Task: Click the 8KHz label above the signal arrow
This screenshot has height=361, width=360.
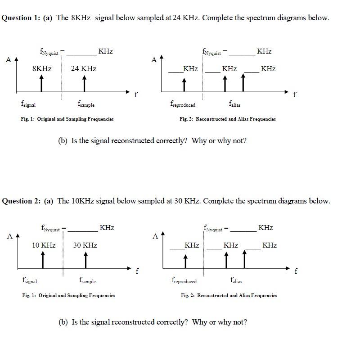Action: (x=42, y=69)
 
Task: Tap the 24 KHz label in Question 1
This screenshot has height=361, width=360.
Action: (x=83, y=69)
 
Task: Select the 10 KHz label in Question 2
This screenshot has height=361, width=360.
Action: (x=44, y=245)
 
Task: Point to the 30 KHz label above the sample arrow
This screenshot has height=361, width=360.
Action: (x=85, y=245)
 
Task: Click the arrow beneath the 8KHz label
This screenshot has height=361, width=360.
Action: (x=41, y=83)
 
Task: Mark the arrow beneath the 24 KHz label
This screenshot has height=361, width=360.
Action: (x=84, y=83)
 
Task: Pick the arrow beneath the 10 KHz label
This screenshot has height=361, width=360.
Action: (x=43, y=259)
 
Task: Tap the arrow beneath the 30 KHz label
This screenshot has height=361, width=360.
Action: (x=85, y=259)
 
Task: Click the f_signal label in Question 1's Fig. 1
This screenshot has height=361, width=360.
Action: (x=28, y=104)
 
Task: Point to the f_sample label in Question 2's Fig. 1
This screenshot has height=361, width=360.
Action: (x=87, y=281)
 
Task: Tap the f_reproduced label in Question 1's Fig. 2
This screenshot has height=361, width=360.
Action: (x=183, y=104)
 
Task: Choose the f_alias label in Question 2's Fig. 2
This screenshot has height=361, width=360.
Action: (x=236, y=281)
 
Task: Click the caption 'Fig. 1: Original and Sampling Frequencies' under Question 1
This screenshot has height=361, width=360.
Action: (x=67, y=119)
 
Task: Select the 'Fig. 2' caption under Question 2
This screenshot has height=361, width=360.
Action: (x=229, y=296)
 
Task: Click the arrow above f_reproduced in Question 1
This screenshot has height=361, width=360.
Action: (x=184, y=84)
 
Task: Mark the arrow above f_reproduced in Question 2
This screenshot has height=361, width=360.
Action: (x=185, y=261)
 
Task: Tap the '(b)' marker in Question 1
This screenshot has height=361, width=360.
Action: (x=63, y=141)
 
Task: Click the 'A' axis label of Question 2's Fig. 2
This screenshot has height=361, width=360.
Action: (x=155, y=236)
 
